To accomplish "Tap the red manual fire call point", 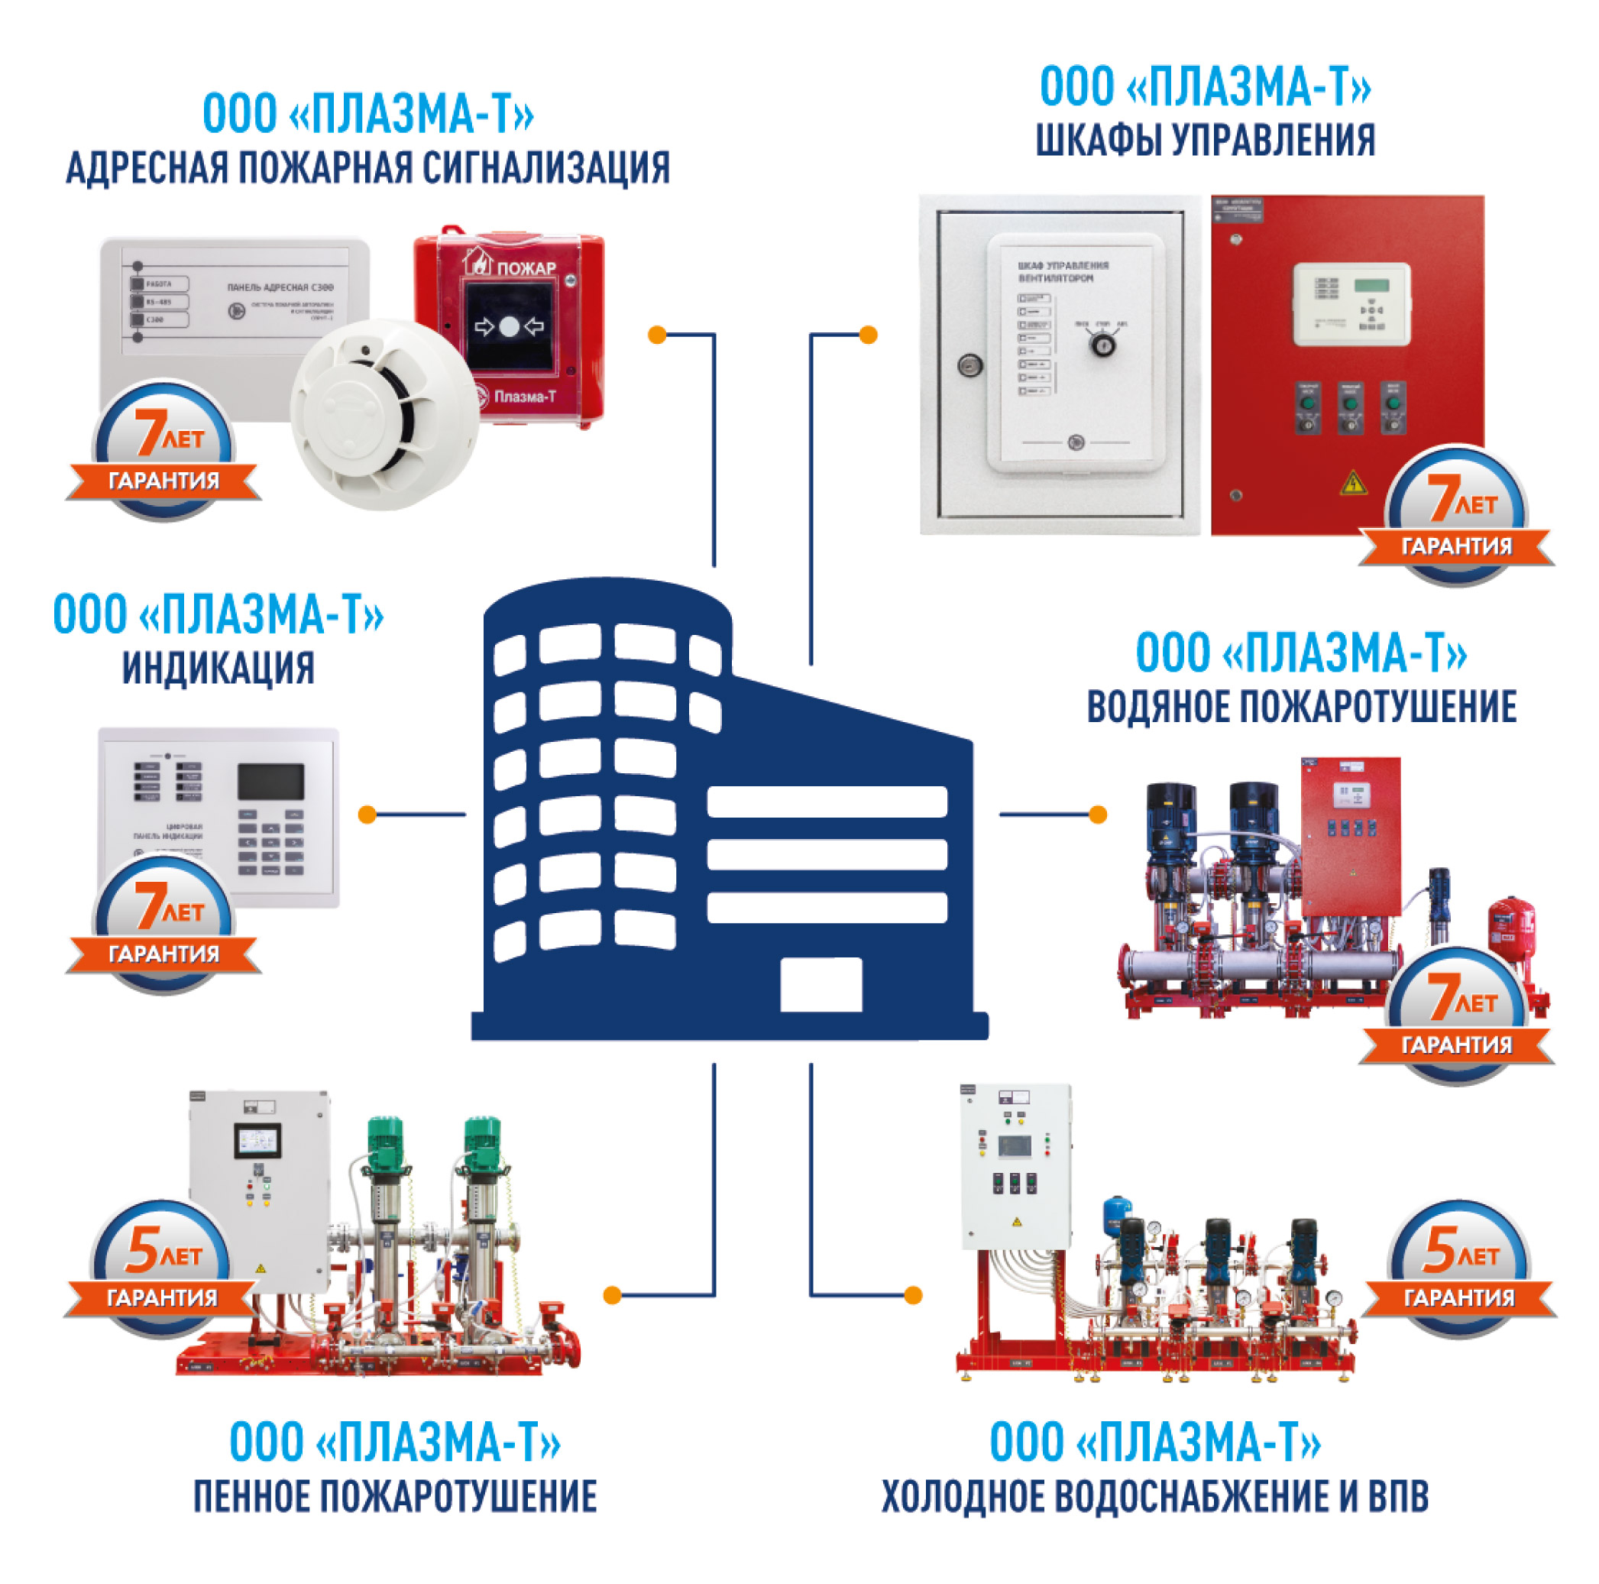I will (x=510, y=327).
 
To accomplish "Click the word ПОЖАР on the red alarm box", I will (x=526, y=267).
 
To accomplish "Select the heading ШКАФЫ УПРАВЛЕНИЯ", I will (x=1205, y=141).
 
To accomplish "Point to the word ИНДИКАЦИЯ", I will (x=218, y=669).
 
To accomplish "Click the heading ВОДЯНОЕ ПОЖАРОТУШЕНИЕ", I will (x=1301, y=708).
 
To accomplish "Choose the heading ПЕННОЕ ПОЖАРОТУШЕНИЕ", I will (x=395, y=1496).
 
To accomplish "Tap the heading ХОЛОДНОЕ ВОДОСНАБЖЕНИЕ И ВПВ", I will (x=1154, y=1496).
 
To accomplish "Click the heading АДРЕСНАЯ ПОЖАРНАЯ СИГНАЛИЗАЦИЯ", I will (x=367, y=169).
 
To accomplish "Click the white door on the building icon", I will (x=821, y=985).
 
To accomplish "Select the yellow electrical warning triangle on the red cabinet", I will (x=1353, y=481).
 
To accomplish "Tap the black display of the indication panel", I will (x=270, y=781).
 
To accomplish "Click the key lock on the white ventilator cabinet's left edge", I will (x=969, y=365).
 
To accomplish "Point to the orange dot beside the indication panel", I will (x=367, y=815).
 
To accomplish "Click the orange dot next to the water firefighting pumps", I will (x=1097, y=815).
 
